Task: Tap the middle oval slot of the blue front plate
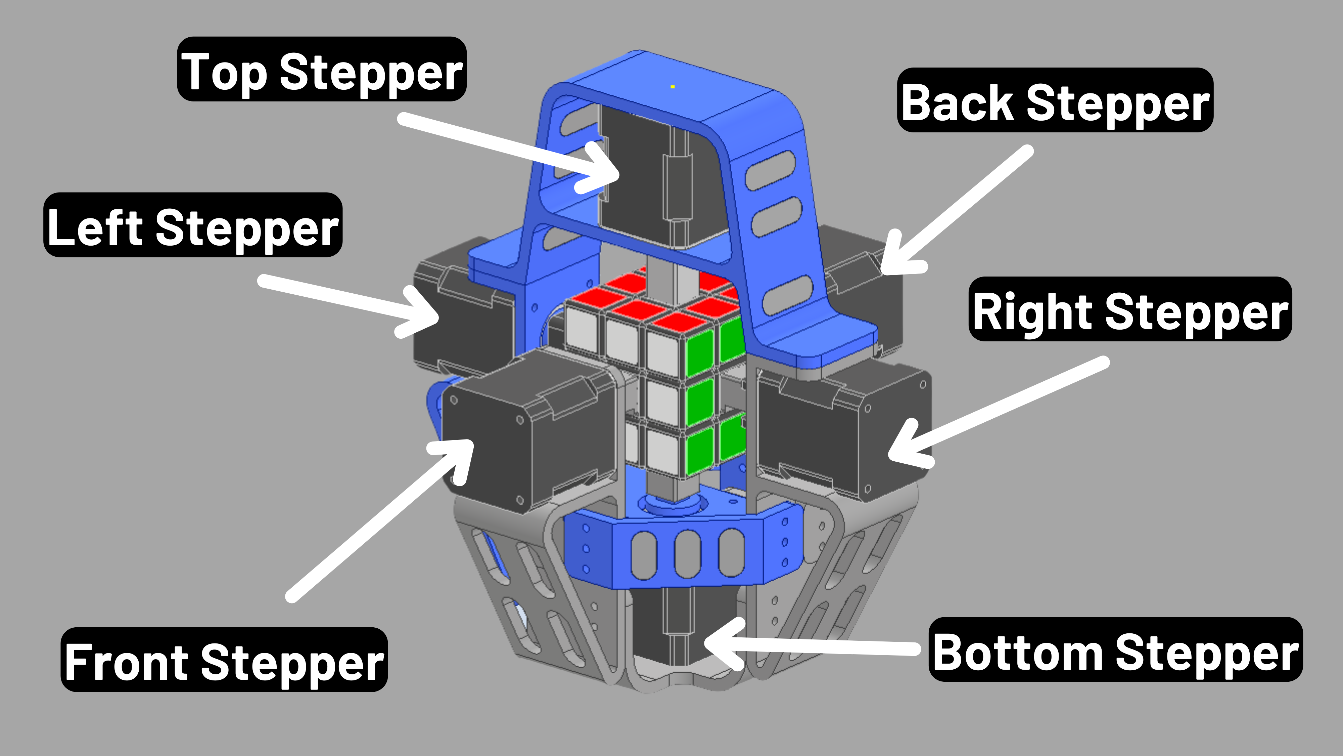pos(687,554)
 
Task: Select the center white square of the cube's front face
pos(662,402)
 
